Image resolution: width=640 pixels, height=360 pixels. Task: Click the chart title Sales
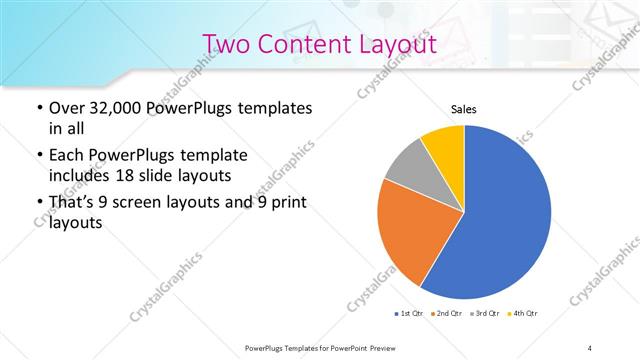tap(463, 108)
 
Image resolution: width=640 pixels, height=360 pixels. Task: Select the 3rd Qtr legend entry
tap(483, 314)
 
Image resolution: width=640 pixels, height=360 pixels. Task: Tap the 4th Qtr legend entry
tap(523, 314)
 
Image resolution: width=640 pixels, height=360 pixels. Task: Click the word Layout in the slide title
tap(390, 44)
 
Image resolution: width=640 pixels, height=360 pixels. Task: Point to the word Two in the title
tap(228, 44)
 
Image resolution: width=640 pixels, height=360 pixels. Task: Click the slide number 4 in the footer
tap(590, 346)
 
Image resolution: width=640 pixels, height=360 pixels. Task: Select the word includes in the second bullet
tap(82, 175)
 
